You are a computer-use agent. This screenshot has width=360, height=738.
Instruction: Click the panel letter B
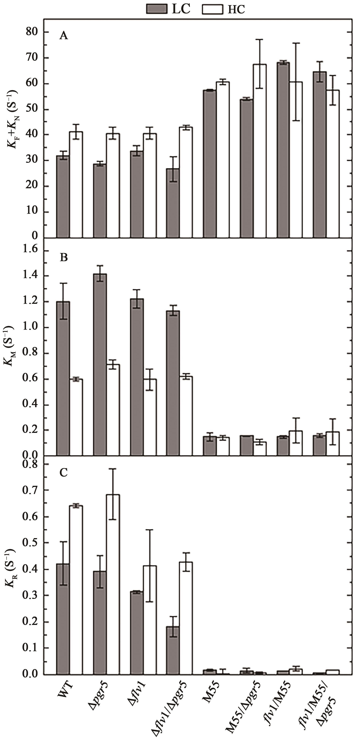click(64, 258)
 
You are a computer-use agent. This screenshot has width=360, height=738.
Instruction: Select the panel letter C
click(64, 472)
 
